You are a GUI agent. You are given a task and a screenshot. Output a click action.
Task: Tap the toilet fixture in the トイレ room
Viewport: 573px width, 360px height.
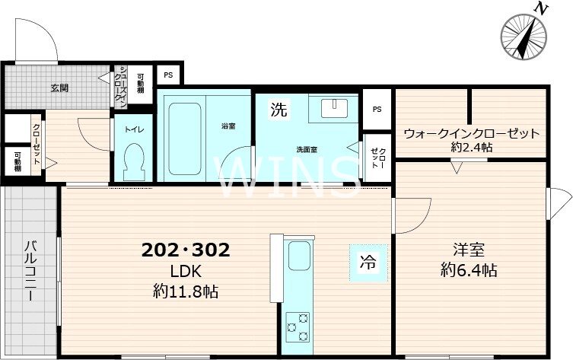pyautogui.click(x=134, y=161)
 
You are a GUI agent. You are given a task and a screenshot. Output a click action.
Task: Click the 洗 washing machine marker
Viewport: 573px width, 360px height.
pyautogui.click(x=279, y=109)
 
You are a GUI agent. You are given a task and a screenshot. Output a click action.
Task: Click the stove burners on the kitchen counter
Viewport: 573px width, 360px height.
pyautogui.click(x=297, y=326)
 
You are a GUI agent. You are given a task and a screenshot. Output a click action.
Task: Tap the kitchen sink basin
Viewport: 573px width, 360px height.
pyautogui.click(x=299, y=253)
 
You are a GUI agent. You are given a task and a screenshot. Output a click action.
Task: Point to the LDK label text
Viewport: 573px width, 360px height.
pyautogui.click(x=185, y=271)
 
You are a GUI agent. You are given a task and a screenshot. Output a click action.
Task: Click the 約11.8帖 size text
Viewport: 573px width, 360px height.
pyautogui.click(x=185, y=291)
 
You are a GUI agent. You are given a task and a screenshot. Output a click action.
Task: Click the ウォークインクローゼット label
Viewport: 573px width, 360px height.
pyautogui.click(x=471, y=133)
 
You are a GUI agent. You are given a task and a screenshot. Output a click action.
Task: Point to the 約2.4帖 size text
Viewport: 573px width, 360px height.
pyautogui.click(x=471, y=147)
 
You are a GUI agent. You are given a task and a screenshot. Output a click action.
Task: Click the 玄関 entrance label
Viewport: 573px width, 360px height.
pyautogui.click(x=59, y=88)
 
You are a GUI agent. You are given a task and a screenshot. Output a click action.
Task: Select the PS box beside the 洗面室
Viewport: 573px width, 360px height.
pyautogui.click(x=377, y=109)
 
